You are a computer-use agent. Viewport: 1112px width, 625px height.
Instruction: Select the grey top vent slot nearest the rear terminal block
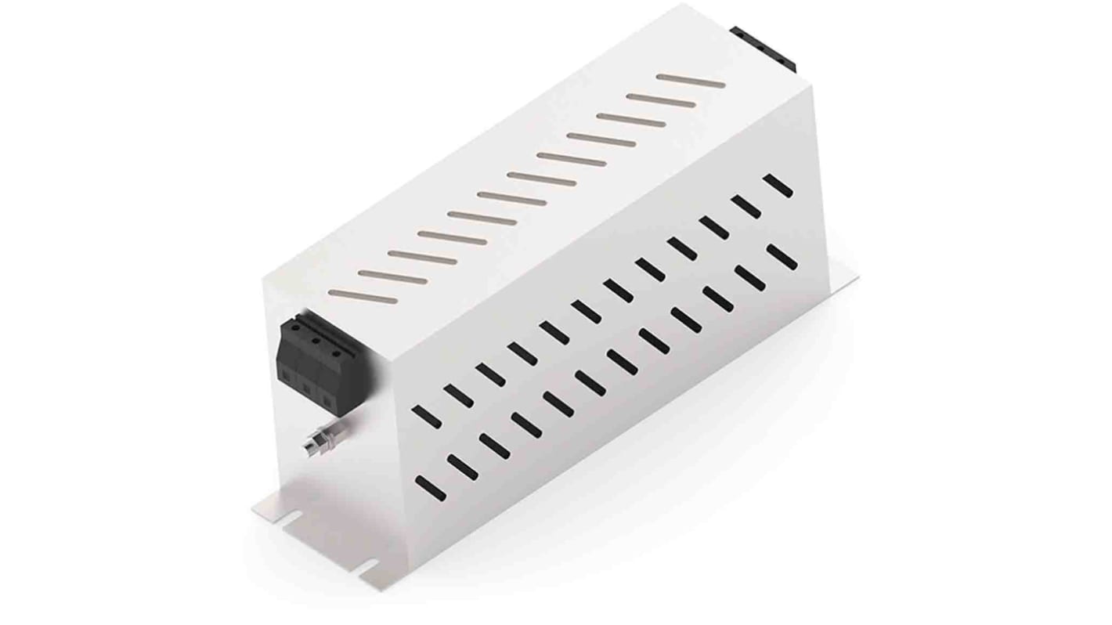click(690, 81)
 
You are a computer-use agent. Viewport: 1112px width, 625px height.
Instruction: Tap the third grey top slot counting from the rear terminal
click(630, 120)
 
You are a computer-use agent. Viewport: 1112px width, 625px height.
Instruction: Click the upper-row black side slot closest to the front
click(426, 416)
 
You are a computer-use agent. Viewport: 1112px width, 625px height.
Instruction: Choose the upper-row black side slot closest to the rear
click(778, 186)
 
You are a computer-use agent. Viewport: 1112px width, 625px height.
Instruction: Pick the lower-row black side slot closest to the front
click(430, 488)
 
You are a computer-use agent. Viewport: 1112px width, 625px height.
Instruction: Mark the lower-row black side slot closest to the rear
click(782, 257)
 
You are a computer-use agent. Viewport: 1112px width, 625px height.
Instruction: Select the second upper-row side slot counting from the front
click(458, 396)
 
